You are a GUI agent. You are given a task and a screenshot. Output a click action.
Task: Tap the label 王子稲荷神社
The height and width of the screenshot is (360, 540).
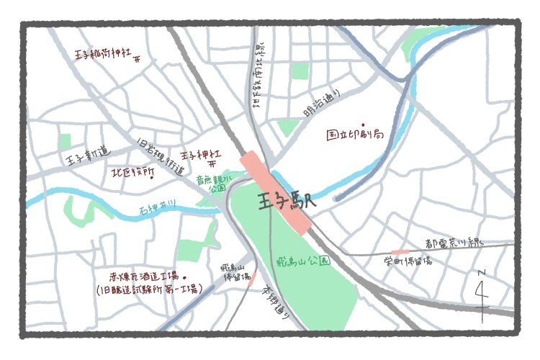103,54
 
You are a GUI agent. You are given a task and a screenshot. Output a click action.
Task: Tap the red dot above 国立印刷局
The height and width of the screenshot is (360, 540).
363,123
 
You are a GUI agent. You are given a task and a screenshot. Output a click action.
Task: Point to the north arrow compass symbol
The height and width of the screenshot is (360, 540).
482,292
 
